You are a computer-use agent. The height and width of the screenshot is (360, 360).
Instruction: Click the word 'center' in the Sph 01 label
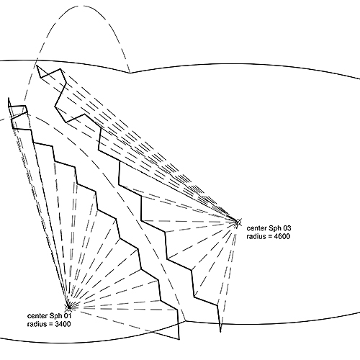click(x=37, y=315)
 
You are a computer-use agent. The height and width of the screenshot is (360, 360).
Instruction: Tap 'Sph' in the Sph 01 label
click(x=55, y=316)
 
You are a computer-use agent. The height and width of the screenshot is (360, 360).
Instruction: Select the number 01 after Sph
click(x=67, y=315)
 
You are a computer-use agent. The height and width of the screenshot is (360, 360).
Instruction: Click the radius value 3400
click(x=63, y=324)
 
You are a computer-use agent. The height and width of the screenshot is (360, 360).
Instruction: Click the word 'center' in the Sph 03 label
click(x=257, y=228)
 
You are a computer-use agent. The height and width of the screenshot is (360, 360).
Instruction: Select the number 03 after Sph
click(x=287, y=228)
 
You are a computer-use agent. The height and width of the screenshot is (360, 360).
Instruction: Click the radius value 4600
click(x=282, y=236)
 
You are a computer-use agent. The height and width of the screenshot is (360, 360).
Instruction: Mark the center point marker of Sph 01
click(x=69, y=307)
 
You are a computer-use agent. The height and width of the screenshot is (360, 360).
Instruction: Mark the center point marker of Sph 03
click(x=238, y=222)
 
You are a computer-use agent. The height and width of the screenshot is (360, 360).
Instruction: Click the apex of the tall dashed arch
click(x=83, y=6)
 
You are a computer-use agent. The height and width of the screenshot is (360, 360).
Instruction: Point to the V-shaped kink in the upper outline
click(x=130, y=73)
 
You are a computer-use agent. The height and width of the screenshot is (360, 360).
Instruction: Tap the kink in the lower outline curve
click(x=186, y=320)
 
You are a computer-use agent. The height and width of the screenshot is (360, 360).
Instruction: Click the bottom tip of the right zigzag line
click(x=220, y=332)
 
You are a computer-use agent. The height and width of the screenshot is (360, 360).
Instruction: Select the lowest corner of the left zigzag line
click(x=179, y=340)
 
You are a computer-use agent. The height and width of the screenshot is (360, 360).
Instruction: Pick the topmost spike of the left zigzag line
click(x=9, y=98)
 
